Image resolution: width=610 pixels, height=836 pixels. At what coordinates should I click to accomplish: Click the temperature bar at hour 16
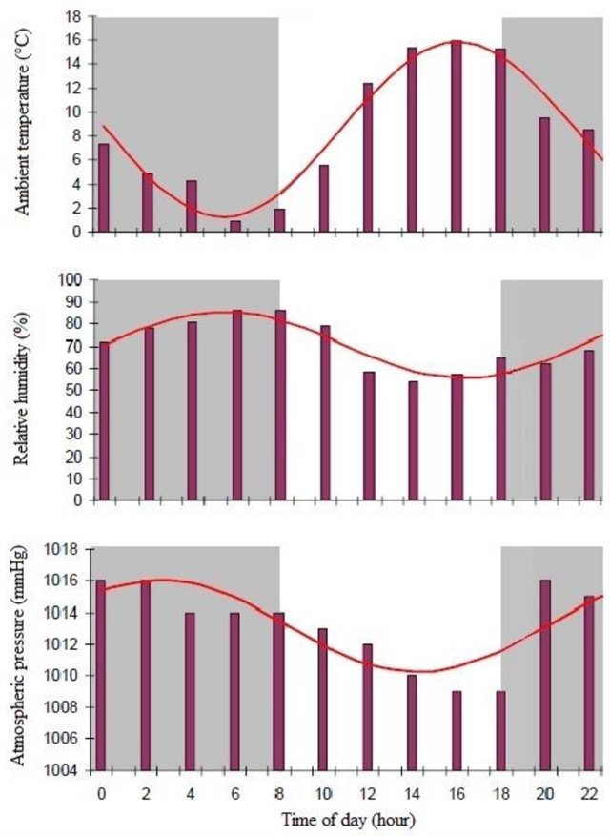pyautogui.click(x=457, y=136)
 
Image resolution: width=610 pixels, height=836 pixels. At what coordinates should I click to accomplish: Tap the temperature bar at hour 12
pyautogui.click(x=368, y=157)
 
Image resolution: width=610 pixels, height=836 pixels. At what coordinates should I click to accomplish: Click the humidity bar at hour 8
pyautogui.click(x=280, y=405)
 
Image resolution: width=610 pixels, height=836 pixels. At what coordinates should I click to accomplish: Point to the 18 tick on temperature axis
pyautogui.click(x=74, y=16)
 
